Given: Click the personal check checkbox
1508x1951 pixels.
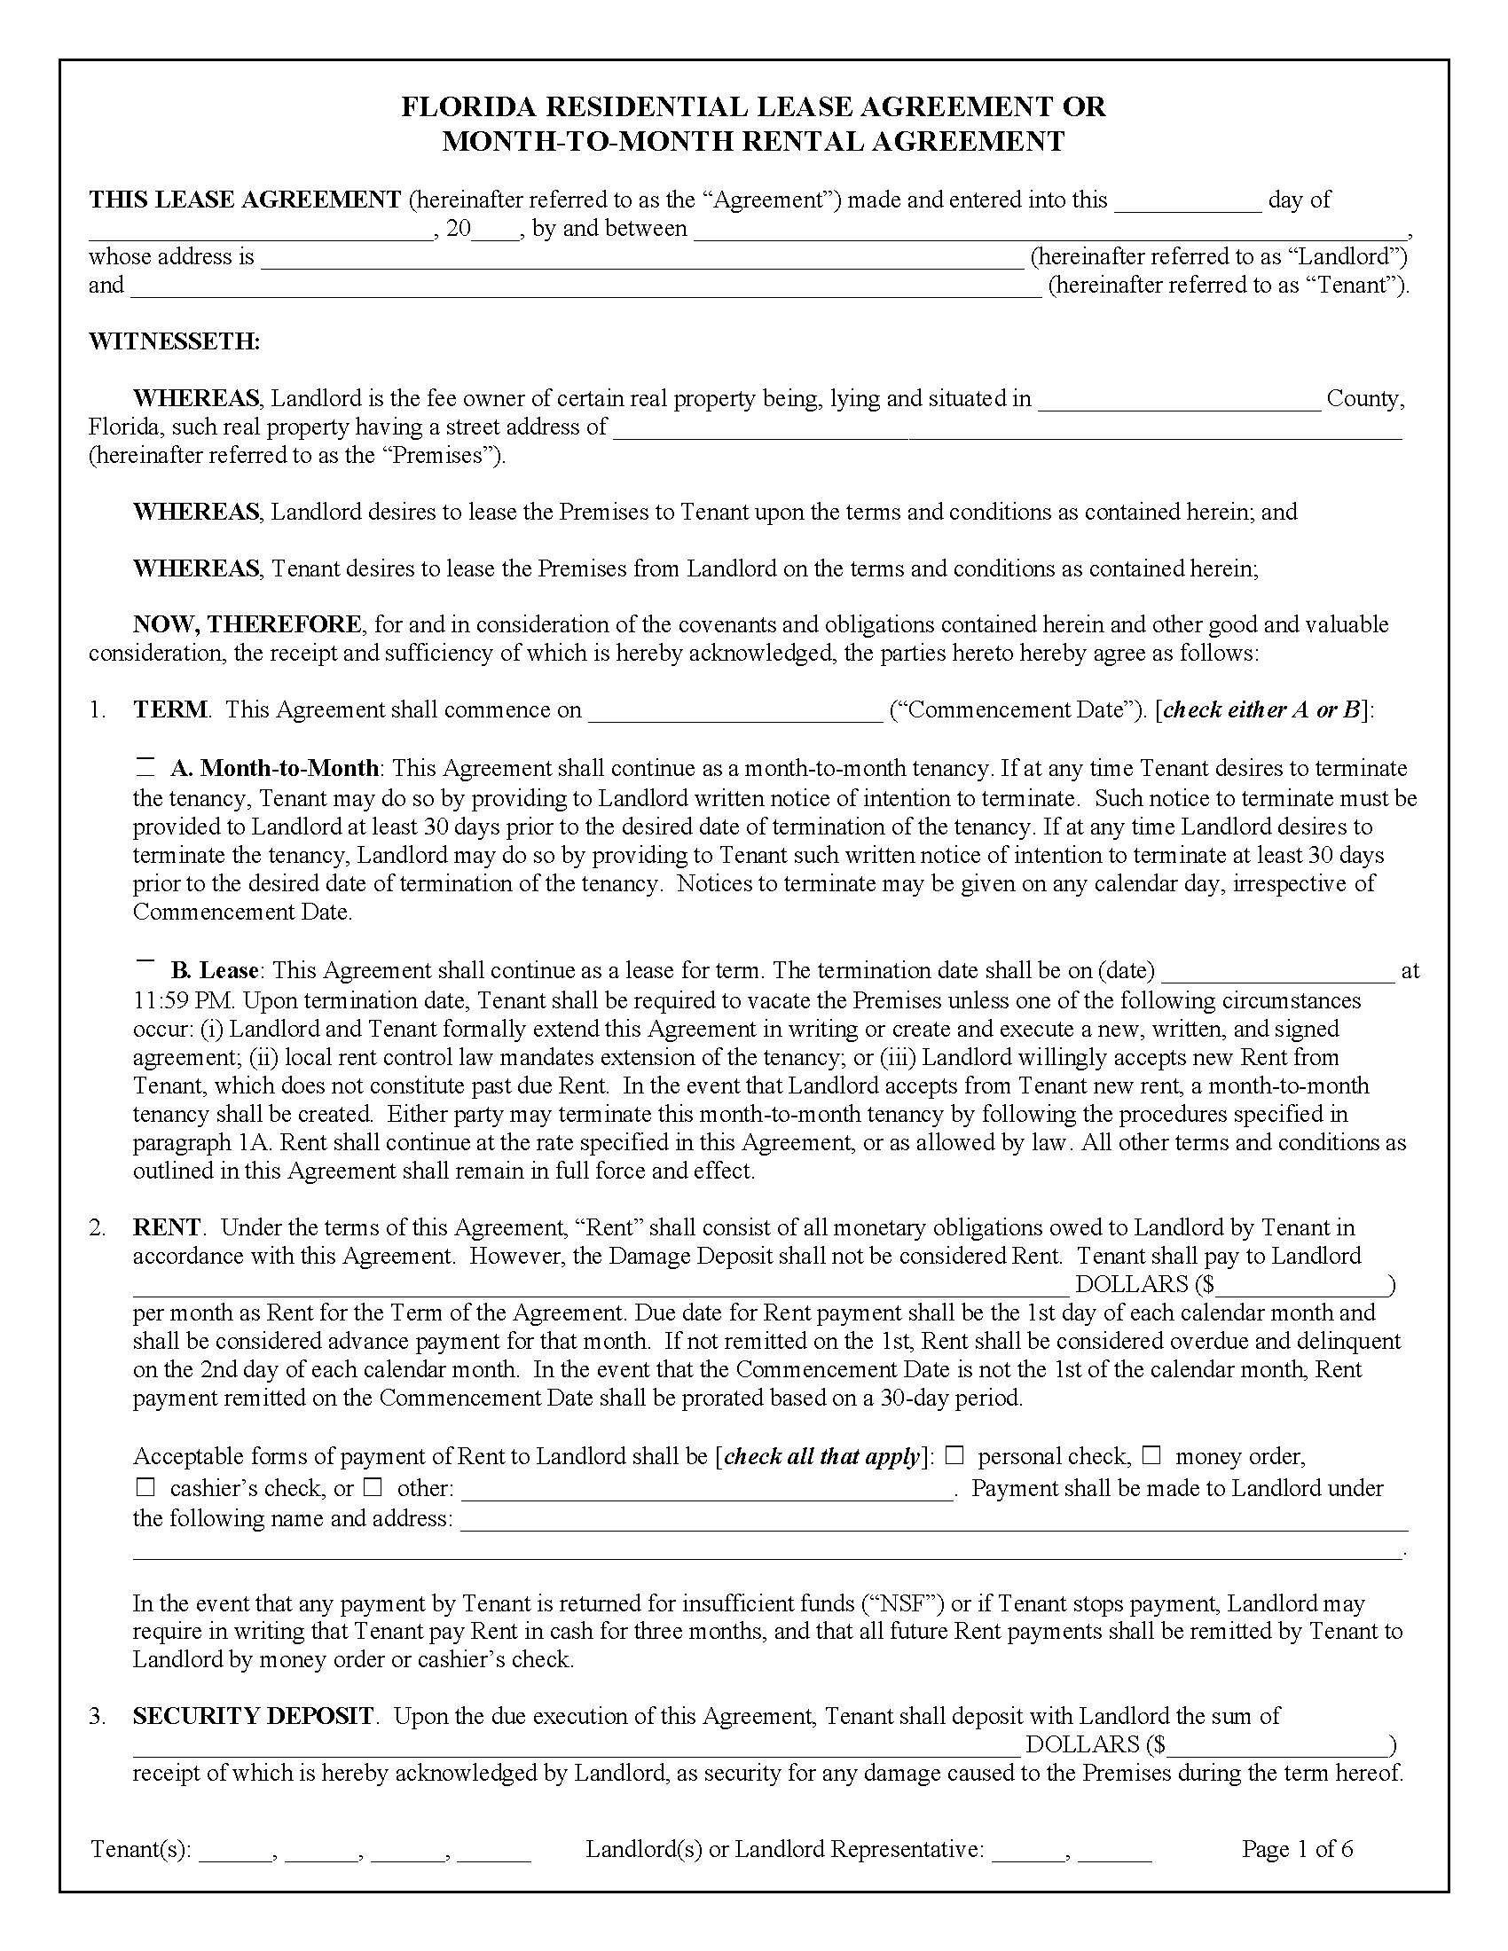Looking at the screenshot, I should pos(955,1455).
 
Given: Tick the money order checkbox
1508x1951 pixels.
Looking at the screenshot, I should pos(1151,1455).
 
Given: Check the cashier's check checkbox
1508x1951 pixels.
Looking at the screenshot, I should pos(145,1487).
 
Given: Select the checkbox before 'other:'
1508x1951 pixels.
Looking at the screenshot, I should pos(373,1487).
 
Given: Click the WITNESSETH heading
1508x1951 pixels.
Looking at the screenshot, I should pos(174,341).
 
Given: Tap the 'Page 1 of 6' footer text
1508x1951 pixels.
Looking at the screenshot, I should pos(1296,1848).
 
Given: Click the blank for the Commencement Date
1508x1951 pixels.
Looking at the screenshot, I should pos(735,712).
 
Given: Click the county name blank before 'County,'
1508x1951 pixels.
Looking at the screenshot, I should pos(1178,401).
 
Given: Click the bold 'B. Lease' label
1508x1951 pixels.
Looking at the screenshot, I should pos(215,970).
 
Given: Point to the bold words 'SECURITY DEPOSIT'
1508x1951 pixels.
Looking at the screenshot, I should pos(253,1715).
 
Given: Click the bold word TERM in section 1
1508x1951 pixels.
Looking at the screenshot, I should pos(169,710).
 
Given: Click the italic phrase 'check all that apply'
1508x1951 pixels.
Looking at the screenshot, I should pos(821,1457).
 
